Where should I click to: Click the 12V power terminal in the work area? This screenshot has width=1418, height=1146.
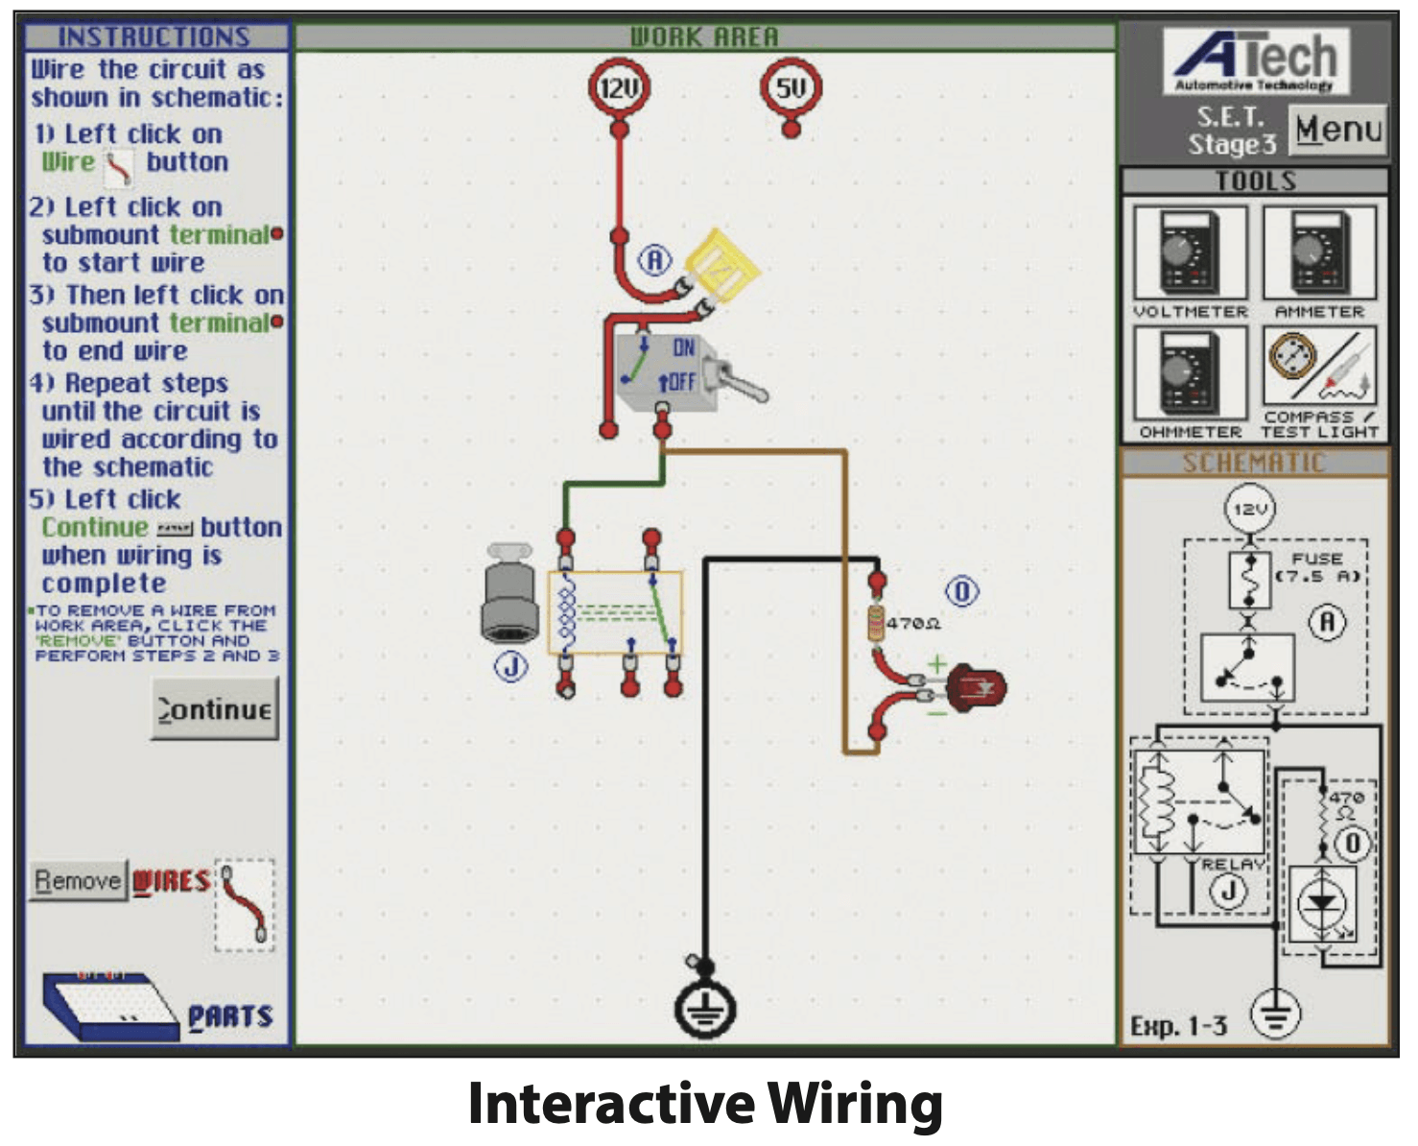(619, 88)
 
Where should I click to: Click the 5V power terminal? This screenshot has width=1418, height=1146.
(791, 88)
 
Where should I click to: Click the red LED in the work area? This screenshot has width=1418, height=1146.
(977, 687)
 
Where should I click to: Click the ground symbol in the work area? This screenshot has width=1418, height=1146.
(705, 1010)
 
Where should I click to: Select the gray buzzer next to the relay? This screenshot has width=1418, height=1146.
(510, 595)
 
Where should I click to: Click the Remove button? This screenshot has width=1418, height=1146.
(78, 880)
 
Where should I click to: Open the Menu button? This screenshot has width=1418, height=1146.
(1338, 129)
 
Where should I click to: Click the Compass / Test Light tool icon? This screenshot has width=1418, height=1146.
(1319, 370)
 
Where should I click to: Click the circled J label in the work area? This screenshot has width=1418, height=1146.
(510, 666)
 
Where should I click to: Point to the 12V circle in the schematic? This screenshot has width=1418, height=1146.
(1249, 509)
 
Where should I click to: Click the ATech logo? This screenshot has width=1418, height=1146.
(1255, 60)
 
